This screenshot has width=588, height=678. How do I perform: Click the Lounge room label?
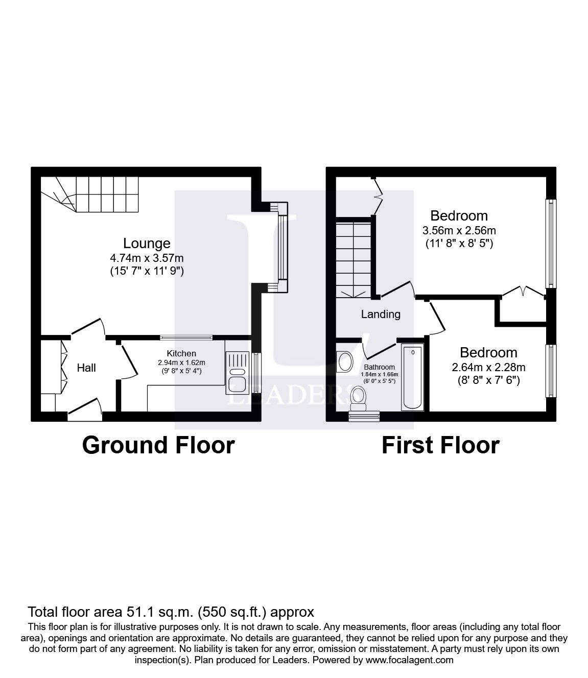147,244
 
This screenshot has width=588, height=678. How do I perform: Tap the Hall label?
86,368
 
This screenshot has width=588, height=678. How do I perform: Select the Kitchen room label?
181,353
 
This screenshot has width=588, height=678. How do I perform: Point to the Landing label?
381,314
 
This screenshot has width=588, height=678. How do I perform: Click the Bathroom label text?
379,367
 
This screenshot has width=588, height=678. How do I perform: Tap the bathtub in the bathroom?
412,378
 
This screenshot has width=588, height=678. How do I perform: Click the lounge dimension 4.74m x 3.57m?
147,257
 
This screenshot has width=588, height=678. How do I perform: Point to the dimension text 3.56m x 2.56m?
459,230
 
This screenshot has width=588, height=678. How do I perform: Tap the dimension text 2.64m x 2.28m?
488,367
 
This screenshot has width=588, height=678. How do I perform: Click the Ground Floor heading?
158,445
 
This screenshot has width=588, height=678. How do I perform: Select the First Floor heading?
440,445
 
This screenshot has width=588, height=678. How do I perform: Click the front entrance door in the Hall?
85,410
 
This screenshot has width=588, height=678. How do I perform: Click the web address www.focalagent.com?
409,660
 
